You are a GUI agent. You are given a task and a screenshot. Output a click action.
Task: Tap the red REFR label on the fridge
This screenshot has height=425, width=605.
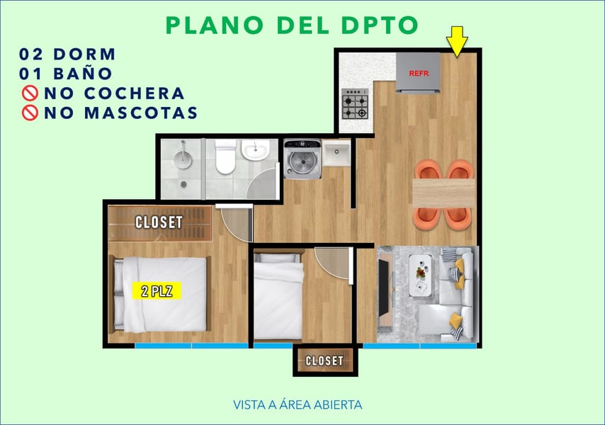pyautogui.click(x=419, y=73)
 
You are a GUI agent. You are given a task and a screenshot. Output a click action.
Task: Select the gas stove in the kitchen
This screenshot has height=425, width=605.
pyautogui.click(x=355, y=103)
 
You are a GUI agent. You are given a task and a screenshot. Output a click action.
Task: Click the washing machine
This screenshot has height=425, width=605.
pyautogui.click(x=302, y=159)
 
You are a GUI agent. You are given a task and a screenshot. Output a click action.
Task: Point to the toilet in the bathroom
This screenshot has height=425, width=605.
pyautogui.click(x=225, y=157)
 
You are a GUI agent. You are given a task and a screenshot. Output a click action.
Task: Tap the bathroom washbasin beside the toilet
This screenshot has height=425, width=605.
pyautogui.click(x=256, y=149)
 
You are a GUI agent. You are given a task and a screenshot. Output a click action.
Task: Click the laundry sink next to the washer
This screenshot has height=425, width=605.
pyautogui.click(x=337, y=153)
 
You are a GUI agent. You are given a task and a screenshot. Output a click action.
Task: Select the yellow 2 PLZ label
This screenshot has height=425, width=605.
pyautogui.click(x=157, y=291)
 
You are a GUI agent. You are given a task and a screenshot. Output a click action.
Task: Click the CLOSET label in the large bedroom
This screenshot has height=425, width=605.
pyautogui.click(x=159, y=222)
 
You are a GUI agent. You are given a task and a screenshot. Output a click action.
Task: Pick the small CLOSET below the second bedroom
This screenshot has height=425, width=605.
pyautogui.click(x=325, y=361)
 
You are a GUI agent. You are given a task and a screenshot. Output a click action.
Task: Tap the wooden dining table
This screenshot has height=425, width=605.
pyautogui.click(x=443, y=193)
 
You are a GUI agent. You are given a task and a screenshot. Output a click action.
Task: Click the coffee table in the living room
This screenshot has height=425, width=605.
pyautogui.click(x=420, y=276)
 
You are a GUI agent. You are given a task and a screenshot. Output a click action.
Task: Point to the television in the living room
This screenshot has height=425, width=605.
pyautogui.click(x=384, y=288)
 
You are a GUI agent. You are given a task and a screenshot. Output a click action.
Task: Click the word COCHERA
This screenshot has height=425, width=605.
pyautogui.click(x=135, y=93)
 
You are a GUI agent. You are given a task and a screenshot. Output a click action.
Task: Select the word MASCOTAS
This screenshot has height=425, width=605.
pyautogui.click(x=141, y=113)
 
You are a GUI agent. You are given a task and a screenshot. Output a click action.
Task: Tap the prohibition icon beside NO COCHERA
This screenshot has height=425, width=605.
pyautogui.click(x=30, y=93)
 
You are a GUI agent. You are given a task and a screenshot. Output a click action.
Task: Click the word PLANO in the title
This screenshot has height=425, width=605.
pyautogui.click(x=215, y=25)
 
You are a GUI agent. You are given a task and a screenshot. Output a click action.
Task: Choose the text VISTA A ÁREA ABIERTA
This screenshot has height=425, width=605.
pyautogui.click(x=298, y=405)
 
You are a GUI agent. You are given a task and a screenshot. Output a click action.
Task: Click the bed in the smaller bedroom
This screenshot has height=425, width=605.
pyautogui.click(x=278, y=296)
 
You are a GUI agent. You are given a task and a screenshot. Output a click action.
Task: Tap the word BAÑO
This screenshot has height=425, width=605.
pyautogui.click(x=83, y=73)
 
